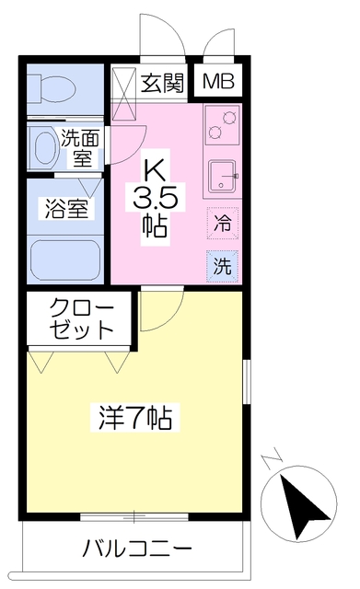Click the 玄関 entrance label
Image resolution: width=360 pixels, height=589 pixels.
point(163,82)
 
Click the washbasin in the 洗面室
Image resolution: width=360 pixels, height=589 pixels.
point(42,145)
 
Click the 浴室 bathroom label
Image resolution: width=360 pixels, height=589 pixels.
point(66,208)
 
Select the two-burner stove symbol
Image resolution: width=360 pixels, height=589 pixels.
point(223,123)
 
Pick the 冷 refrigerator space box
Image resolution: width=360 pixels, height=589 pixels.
point(223,222)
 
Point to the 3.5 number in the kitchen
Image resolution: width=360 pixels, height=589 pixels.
point(156,197)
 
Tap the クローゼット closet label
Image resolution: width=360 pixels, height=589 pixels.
point(82,318)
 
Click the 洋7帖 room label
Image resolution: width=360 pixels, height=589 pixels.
point(134,419)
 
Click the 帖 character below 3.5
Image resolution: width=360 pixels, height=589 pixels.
point(154,225)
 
